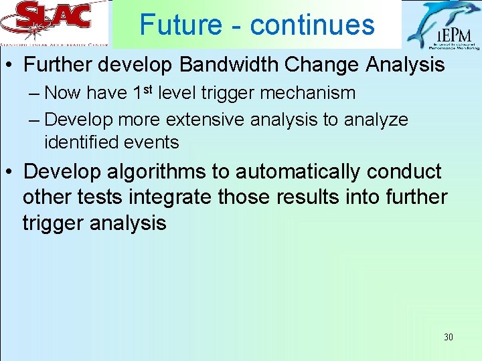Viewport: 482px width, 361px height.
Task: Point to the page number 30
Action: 448,337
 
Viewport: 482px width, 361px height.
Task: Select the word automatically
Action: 298,172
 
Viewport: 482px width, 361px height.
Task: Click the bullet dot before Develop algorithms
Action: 11,172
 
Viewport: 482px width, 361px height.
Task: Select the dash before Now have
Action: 34,93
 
